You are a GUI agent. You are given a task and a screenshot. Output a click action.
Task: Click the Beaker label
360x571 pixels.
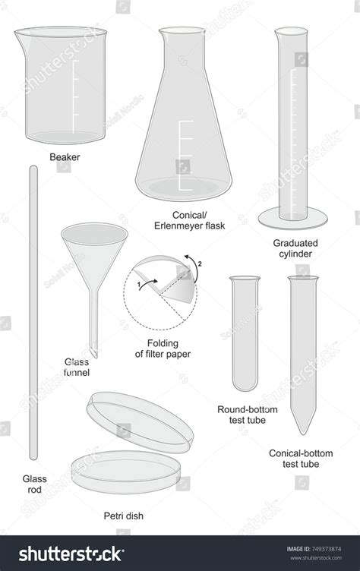pyautogui.click(x=65, y=157)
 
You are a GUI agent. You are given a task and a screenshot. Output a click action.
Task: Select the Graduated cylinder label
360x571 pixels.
pyautogui.click(x=295, y=248)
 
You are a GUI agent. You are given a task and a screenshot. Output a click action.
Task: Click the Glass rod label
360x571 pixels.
pyautogui.click(x=34, y=484)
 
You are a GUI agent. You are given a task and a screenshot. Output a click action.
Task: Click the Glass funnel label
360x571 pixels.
pyautogui.click(x=77, y=368)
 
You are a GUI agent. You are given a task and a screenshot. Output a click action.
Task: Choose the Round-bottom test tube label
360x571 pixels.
pyautogui.click(x=247, y=414)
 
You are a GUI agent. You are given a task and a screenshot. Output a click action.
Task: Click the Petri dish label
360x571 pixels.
pyautogui.click(x=124, y=516)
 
